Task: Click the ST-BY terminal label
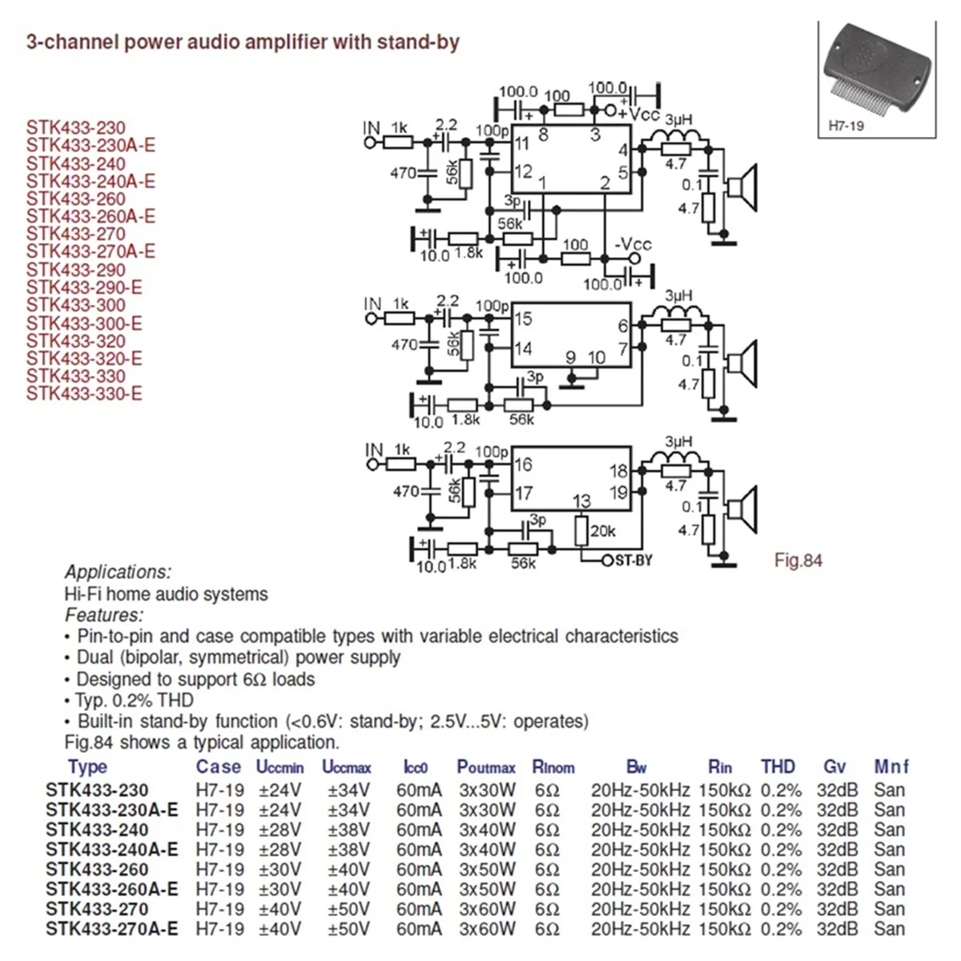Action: [633, 560]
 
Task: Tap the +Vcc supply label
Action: [638, 115]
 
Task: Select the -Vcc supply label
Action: [633, 244]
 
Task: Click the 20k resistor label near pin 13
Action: [603, 530]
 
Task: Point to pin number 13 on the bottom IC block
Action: [581, 501]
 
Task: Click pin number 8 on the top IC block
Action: [543, 135]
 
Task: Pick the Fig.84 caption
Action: [798, 560]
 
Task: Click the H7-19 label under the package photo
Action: [846, 126]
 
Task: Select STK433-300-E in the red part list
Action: [84, 323]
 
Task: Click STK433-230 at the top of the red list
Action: [76, 127]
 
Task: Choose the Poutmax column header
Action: [486, 767]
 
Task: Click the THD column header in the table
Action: [778, 766]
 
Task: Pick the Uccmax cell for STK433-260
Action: [348, 869]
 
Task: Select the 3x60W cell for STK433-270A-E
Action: [487, 929]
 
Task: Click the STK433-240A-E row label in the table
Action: [112, 849]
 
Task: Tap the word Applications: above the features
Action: [118, 572]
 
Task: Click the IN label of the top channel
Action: [372, 128]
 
